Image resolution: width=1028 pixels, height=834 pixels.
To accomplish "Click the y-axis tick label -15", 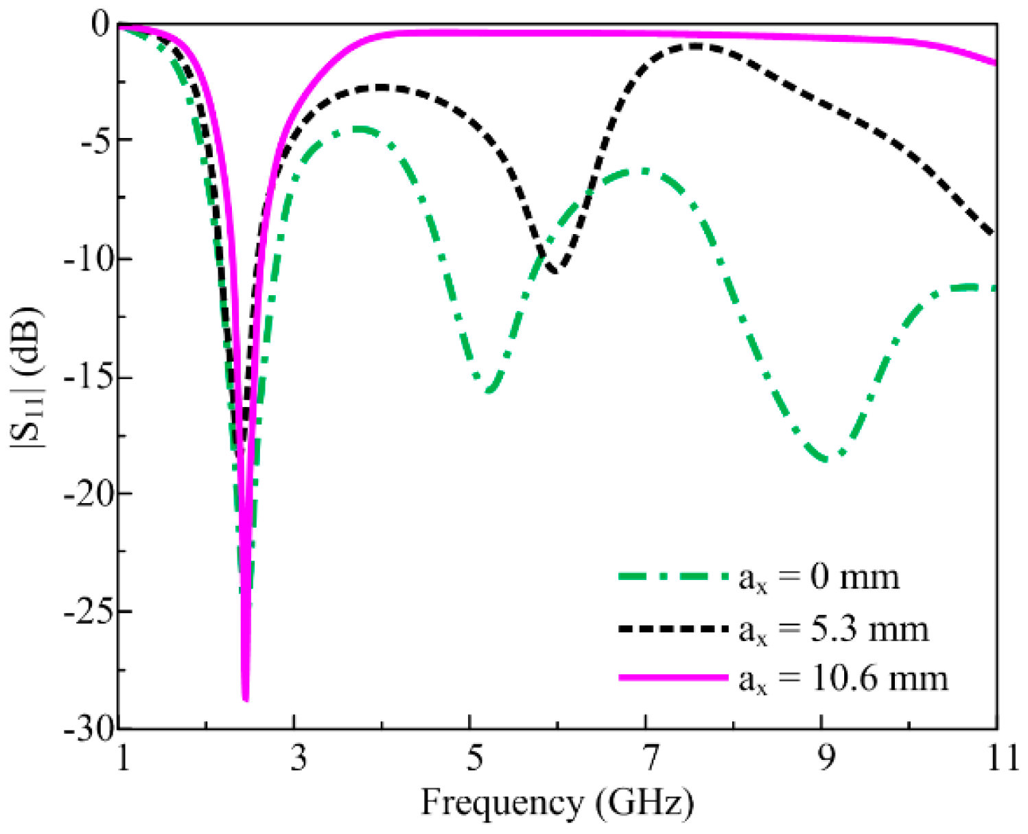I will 87,378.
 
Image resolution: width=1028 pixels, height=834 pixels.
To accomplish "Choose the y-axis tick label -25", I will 87,611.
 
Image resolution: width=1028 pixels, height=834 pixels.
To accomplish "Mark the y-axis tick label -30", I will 87,729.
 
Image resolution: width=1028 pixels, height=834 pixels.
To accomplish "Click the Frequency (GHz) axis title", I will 557,802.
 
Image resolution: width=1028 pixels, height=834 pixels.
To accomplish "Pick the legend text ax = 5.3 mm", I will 833,629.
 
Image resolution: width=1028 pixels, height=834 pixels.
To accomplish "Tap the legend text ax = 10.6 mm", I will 843,679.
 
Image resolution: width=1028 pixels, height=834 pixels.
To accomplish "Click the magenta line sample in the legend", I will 673,677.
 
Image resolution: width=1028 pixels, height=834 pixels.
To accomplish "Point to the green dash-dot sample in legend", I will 673,577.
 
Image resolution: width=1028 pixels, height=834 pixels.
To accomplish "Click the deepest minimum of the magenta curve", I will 246,699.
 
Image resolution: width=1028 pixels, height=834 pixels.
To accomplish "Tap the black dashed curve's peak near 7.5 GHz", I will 697,46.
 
